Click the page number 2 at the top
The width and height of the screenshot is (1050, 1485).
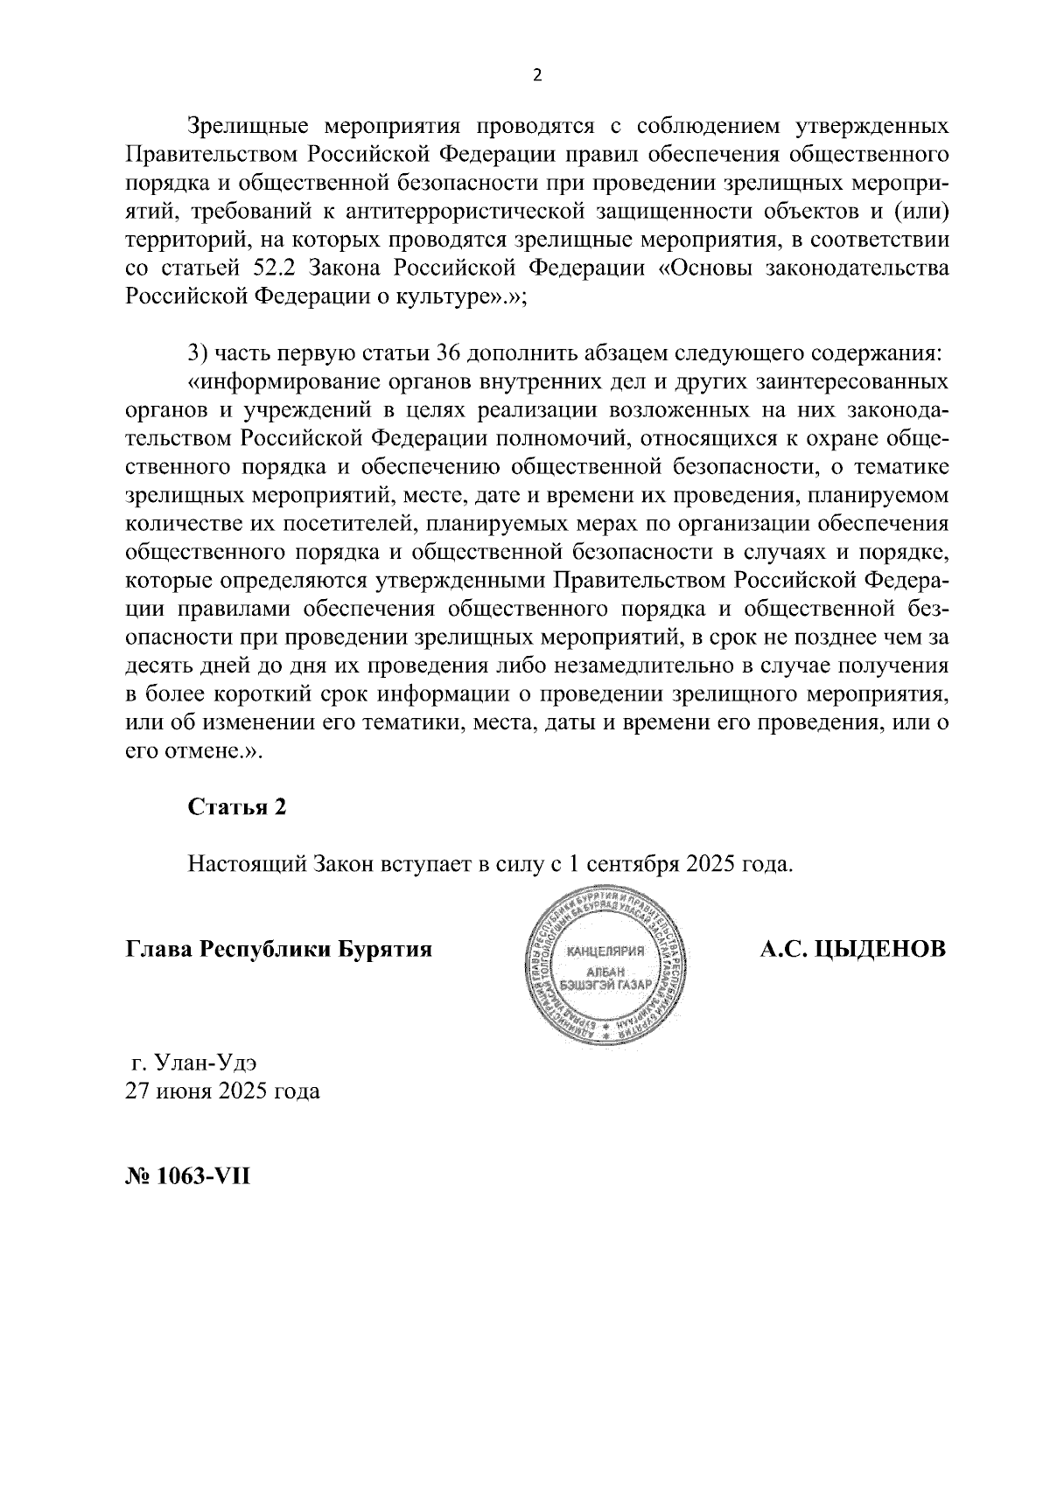pyautogui.click(x=537, y=75)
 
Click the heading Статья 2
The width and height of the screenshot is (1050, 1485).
pyautogui.click(x=236, y=807)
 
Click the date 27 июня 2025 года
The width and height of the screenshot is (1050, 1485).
pyautogui.click(x=222, y=1091)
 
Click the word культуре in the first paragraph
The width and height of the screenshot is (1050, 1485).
pyautogui.click(x=447, y=296)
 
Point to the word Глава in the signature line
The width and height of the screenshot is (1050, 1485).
pyautogui.click(x=158, y=949)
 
